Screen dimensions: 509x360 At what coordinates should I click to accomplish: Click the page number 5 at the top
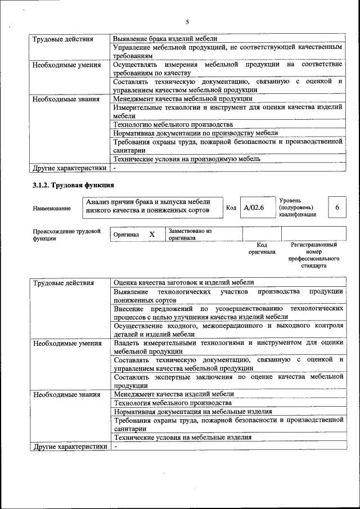tap(188, 22)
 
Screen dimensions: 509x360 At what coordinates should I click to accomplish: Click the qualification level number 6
tap(337, 208)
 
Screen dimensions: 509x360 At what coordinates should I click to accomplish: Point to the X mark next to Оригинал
tap(152, 234)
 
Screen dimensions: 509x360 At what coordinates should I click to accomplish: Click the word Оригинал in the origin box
tap(126, 234)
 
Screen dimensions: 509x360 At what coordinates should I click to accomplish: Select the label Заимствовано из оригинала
tap(190, 234)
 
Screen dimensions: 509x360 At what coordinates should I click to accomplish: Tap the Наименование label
tap(52, 209)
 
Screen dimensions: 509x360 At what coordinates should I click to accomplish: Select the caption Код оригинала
tap(262, 249)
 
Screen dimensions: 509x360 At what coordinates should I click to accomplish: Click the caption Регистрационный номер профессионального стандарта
tap(313, 255)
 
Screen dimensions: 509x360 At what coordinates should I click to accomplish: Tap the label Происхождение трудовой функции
tap(66, 235)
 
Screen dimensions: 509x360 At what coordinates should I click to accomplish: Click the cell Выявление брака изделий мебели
tap(165, 39)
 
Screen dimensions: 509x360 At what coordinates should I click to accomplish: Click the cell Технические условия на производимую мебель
tap(187, 159)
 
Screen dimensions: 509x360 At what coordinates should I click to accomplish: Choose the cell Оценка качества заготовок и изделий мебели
tap(183, 282)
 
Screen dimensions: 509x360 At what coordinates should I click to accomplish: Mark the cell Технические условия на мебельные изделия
tap(182, 438)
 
